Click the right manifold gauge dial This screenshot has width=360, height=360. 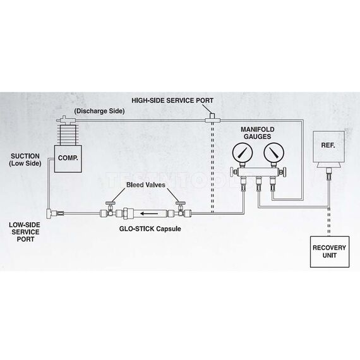pos(273,154)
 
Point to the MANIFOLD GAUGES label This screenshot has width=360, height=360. pos(258,132)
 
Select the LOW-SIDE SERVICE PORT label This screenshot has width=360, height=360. pos(25,232)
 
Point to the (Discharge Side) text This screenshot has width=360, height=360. pos(99,111)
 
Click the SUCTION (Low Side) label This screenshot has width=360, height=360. pos(25,159)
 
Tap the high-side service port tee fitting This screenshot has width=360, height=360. pos(212,118)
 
